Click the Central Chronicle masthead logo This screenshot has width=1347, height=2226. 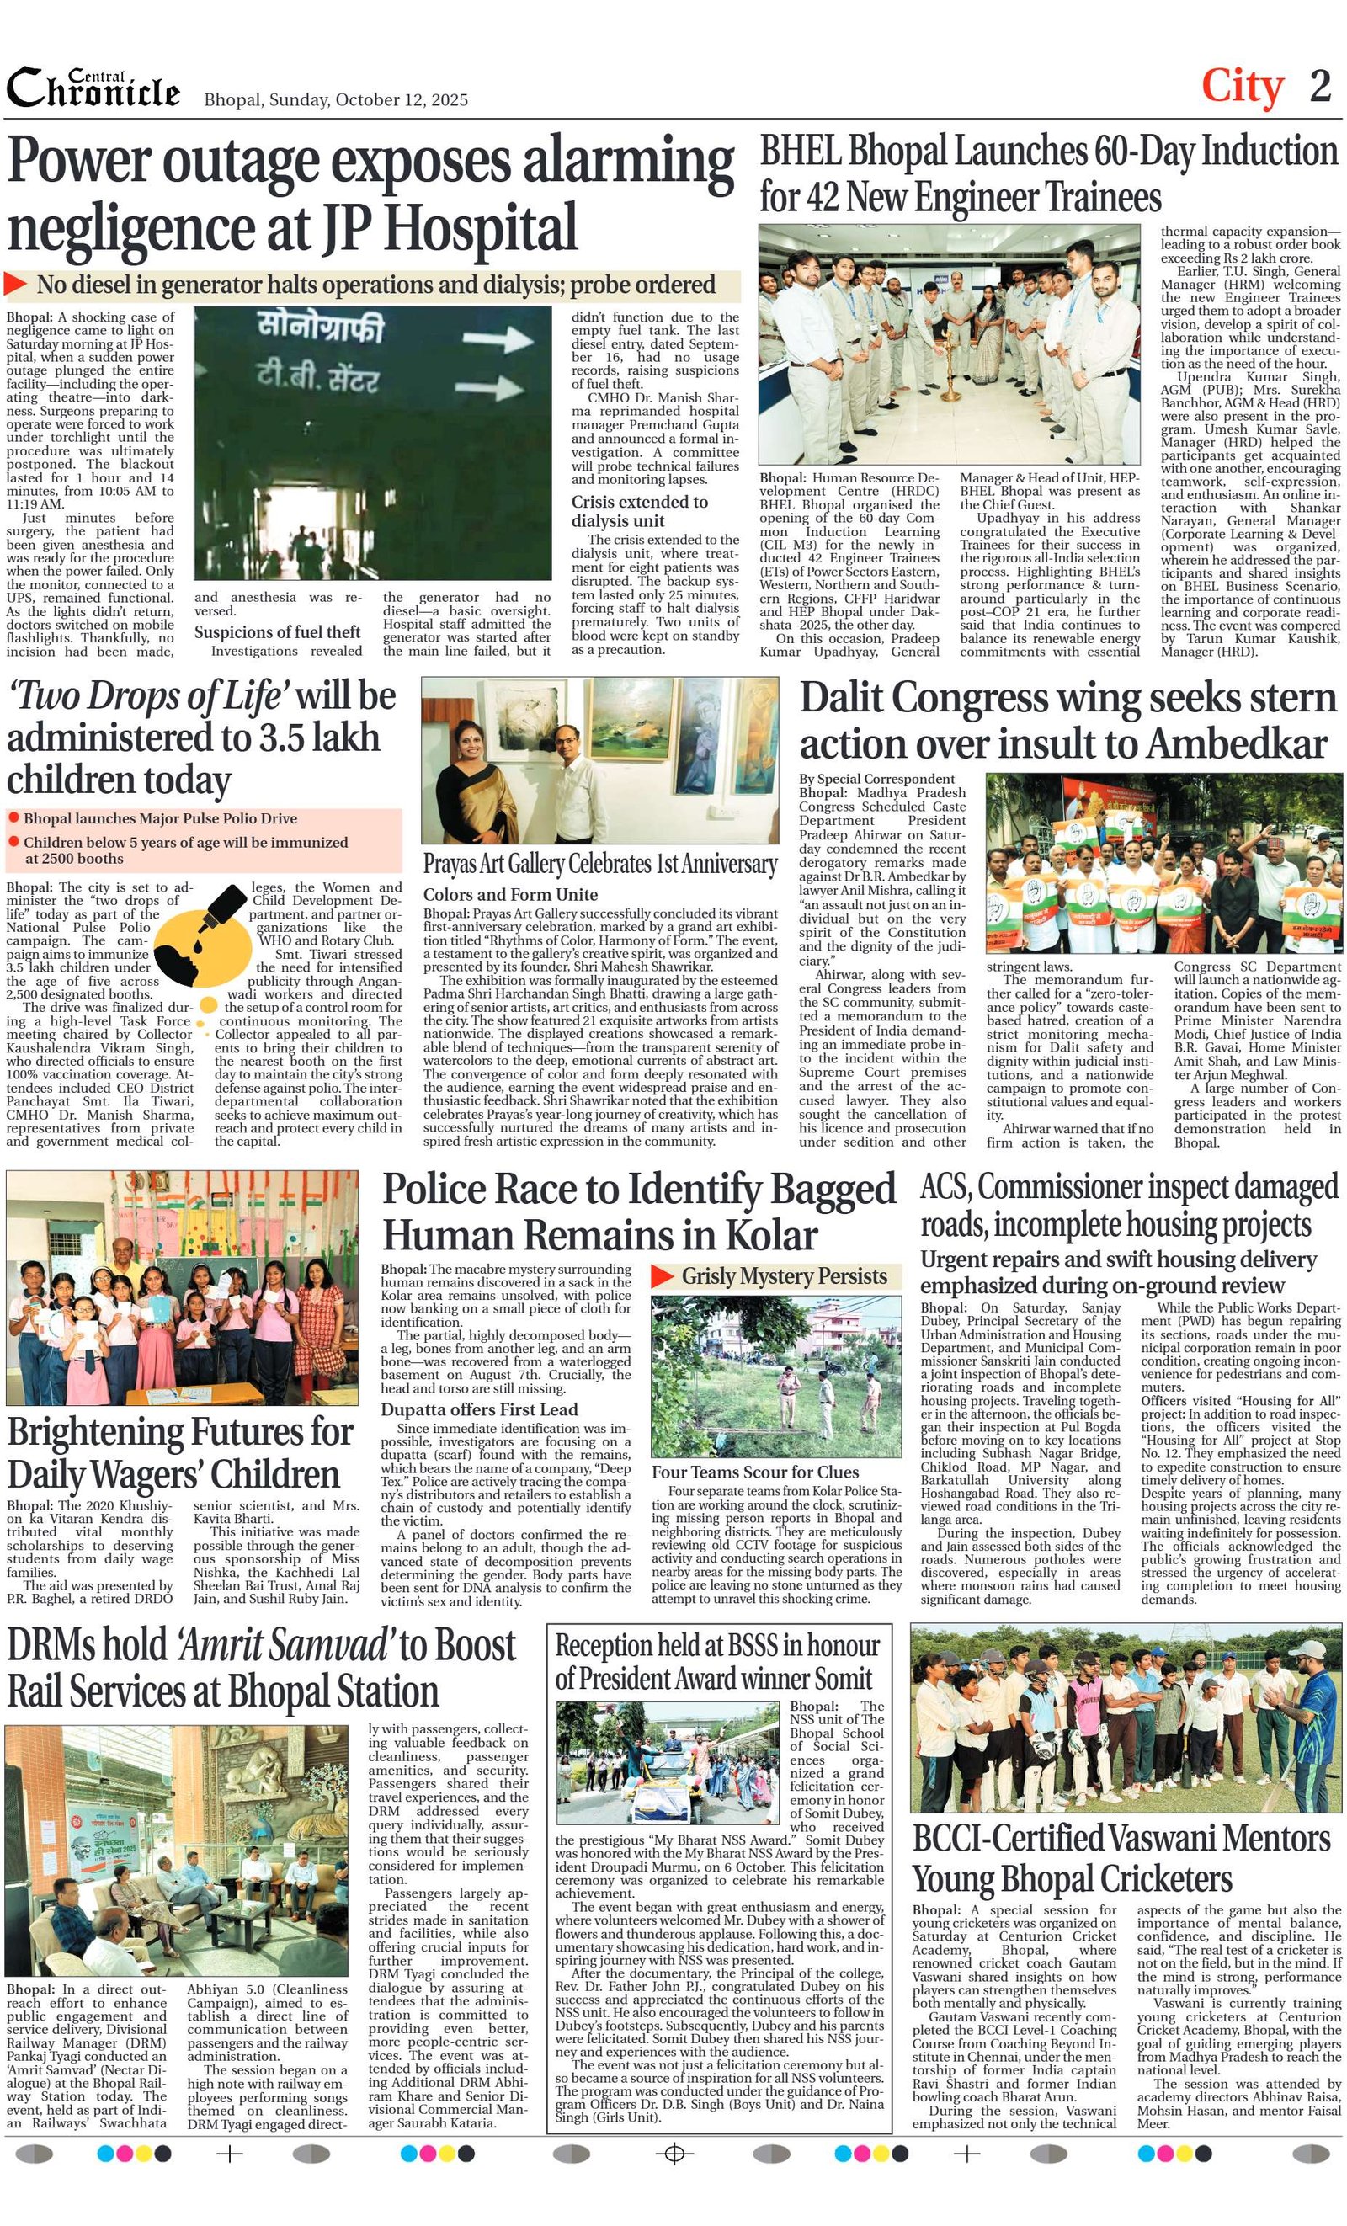point(93,88)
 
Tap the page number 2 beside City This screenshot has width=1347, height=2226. point(1320,87)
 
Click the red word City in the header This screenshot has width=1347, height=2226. point(1243,87)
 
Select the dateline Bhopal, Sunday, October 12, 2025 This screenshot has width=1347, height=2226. point(336,99)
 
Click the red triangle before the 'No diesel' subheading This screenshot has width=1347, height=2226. point(15,284)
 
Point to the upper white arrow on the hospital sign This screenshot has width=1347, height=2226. point(496,338)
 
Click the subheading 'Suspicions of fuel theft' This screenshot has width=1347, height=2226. point(277,632)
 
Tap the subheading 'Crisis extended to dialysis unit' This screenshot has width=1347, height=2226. point(639,511)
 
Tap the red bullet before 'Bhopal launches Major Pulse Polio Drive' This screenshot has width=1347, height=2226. point(13,817)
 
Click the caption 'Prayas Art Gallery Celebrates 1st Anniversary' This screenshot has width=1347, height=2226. point(600,865)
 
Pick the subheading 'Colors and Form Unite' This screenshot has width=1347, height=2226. point(510,894)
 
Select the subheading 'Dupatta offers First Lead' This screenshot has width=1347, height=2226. point(479,1409)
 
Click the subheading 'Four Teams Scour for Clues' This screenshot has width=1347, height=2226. point(755,1472)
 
